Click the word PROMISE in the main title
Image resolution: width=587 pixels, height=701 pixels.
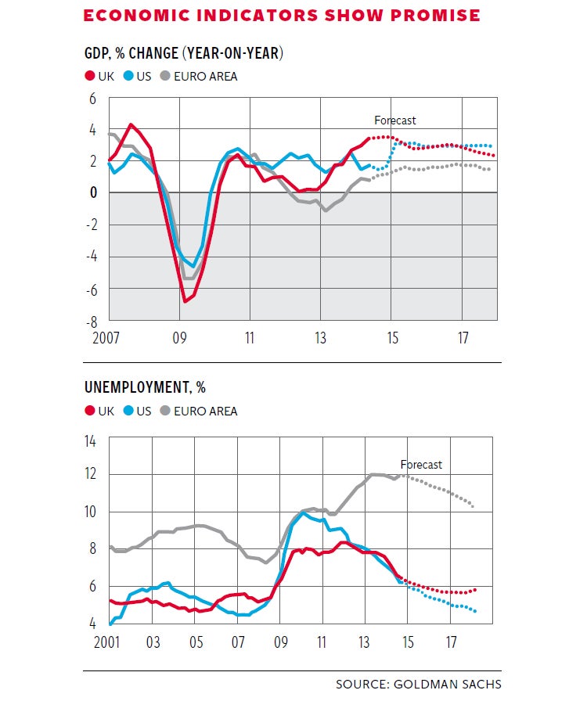(x=434, y=15)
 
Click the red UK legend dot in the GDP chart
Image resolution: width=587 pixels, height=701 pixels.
(x=89, y=77)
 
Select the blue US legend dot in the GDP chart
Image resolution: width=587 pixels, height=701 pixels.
(x=129, y=77)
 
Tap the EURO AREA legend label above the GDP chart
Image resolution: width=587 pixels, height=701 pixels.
(x=206, y=77)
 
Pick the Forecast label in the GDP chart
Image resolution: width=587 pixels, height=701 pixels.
(x=395, y=120)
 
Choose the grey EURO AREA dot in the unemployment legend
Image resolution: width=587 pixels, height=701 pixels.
(x=165, y=411)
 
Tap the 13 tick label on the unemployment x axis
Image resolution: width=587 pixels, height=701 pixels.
(x=364, y=642)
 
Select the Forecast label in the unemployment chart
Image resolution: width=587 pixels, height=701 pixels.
(x=421, y=465)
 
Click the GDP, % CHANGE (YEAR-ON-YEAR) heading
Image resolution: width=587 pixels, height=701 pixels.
(x=184, y=54)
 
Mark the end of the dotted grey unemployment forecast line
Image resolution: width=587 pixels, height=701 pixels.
(x=473, y=506)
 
